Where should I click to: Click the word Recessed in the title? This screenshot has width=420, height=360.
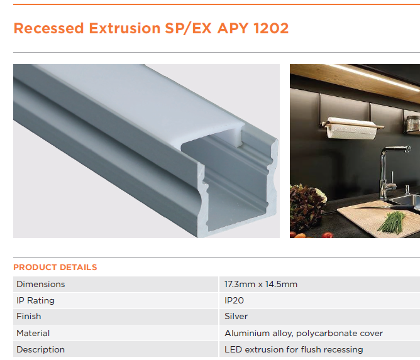click(49, 28)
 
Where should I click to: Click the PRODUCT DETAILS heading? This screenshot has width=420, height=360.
click(55, 267)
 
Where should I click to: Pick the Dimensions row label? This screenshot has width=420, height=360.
click(41, 284)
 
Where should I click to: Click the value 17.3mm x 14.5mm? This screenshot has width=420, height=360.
click(261, 284)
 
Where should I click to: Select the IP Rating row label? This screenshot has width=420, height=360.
click(36, 300)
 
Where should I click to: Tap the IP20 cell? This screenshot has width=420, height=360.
click(234, 300)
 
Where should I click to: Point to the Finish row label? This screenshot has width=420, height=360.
click(29, 317)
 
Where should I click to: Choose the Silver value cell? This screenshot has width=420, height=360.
click(236, 317)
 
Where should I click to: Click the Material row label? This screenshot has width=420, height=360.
click(33, 333)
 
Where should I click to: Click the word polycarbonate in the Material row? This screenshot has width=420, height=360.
click(325, 333)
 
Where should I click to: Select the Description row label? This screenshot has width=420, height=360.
click(41, 349)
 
